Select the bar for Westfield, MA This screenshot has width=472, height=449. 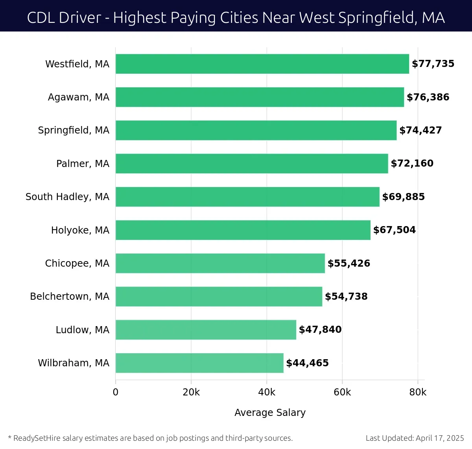pos(262,64)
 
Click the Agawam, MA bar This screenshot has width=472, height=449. pos(260,97)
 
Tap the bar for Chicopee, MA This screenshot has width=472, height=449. pos(220,263)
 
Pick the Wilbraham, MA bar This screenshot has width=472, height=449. pos(199,363)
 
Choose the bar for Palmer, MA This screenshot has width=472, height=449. pos(252,163)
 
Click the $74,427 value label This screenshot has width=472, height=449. pos(420,130)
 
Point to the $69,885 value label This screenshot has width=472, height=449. pos(404,197)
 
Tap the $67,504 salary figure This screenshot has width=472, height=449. pos(395,230)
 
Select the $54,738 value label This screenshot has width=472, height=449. pos(346,296)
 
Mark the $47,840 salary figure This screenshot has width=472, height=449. pos(320,330)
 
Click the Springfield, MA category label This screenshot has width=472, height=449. pos(74,130)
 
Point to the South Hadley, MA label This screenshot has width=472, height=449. pos(67,197)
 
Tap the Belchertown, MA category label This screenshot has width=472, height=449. pos(70,296)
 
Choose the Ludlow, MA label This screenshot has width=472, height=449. pos(82,330)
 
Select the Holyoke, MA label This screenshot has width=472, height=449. pos(80,230)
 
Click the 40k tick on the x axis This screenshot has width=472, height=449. pos(267,392)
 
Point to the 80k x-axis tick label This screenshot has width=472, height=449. pos(418,392)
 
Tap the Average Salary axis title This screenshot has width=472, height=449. pos(270,412)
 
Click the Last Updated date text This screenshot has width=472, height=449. pos(415,438)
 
